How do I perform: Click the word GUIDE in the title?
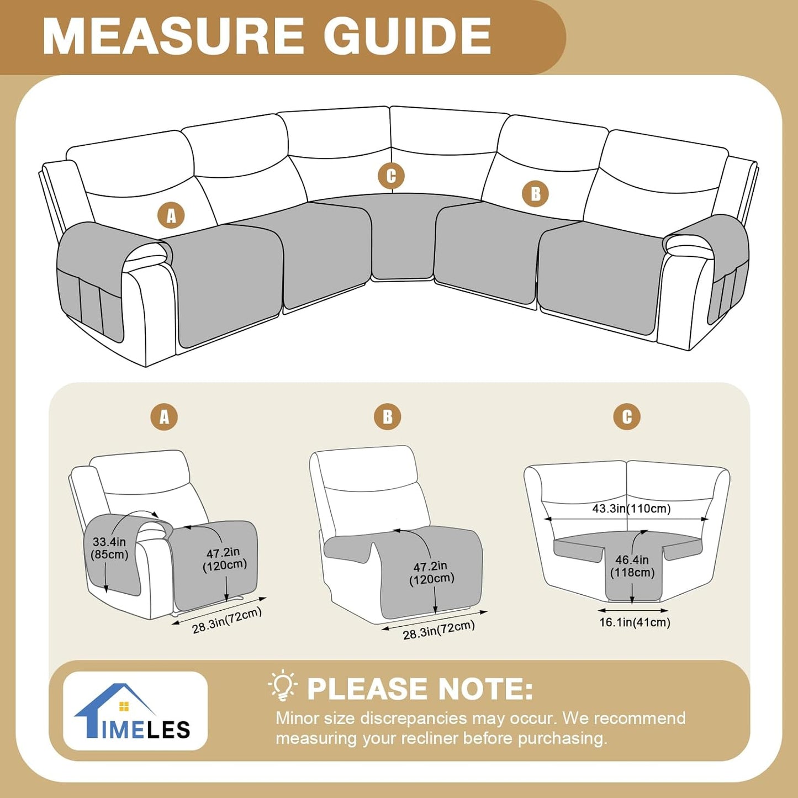pos(407,36)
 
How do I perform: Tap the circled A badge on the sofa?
pos(171,215)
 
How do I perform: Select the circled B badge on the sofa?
pos(535,194)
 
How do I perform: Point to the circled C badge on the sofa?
pos(391,176)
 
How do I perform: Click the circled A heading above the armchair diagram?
pos(165,417)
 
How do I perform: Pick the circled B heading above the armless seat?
pos(388,417)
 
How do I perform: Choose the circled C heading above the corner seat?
pos(627,417)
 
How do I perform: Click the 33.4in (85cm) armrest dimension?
pos(109,548)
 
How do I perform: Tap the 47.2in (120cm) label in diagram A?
pos(224,559)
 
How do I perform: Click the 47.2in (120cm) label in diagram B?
pos(431,572)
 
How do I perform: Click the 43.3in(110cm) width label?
pos(631,508)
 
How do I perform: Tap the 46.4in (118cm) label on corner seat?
pos(632,566)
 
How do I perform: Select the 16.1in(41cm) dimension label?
pos(635,622)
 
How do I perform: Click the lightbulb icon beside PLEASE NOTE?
pos(283,685)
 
